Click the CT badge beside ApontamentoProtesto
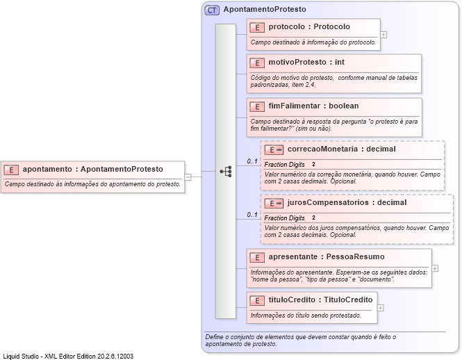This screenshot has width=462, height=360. (x=212, y=10)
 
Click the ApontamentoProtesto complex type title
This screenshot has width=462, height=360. (x=264, y=10)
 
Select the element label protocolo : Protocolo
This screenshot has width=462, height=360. (x=309, y=27)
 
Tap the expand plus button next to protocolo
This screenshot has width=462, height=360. (x=383, y=33)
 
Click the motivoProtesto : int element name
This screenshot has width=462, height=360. (x=306, y=63)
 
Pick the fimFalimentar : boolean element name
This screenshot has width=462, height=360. (x=313, y=106)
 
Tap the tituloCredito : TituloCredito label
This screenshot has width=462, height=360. (x=320, y=300)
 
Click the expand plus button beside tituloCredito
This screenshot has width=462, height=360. (x=380, y=307)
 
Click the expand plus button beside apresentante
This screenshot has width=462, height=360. (x=435, y=268)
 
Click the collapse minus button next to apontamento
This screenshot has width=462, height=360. (x=188, y=177)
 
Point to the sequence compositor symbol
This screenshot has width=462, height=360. (x=225, y=171)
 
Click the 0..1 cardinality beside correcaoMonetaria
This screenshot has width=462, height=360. (x=252, y=162)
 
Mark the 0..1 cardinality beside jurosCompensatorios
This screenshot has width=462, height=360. (x=252, y=215)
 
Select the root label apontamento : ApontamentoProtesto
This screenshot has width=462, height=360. (x=92, y=169)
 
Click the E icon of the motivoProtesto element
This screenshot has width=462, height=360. (x=257, y=63)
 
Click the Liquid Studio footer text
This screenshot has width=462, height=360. (x=68, y=356)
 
